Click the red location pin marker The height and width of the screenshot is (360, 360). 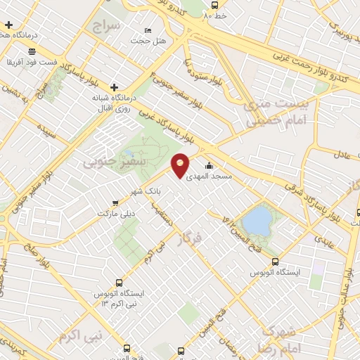click(181, 165)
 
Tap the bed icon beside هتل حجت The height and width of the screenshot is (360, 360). click(148, 31)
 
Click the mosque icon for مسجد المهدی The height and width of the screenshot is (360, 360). click(210, 167)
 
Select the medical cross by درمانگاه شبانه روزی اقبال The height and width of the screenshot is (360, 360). click(115, 86)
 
